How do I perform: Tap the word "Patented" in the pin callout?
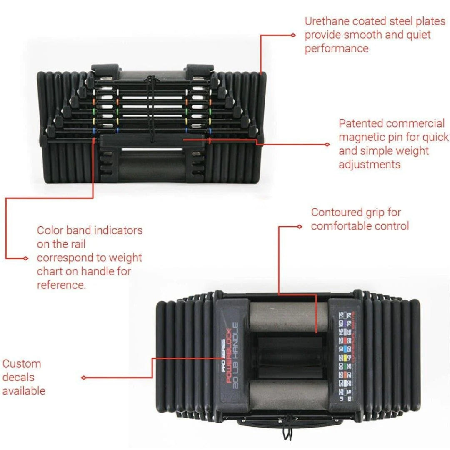(361, 123)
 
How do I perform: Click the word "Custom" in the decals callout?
(22, 363)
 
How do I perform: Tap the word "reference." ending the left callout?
(61, 285)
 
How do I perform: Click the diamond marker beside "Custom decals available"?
(84, 377)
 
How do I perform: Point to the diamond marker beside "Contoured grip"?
(300, 226)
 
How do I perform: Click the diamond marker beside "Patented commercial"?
(327, 144)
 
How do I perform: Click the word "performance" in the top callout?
(337, 48)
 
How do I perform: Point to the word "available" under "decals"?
(24, 391)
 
